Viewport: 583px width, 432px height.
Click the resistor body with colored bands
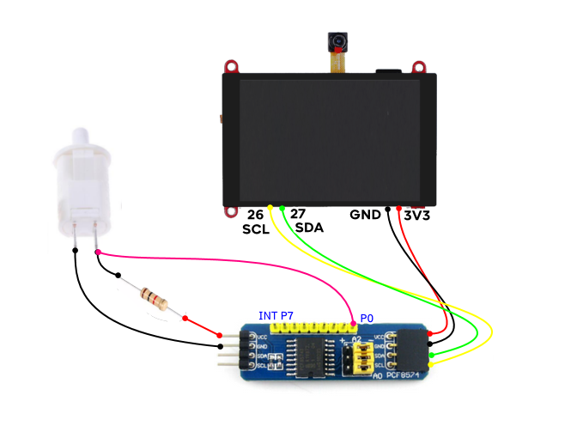click(154, 299)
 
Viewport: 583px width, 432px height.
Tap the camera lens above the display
click(337, 40)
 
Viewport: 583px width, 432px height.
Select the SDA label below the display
click(308, 228)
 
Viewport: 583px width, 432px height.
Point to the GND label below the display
click(365, 215)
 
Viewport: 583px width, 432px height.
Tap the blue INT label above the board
click(268, 317)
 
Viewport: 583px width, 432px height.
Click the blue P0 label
click(367, 318)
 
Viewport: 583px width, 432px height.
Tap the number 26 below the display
click(255, 214)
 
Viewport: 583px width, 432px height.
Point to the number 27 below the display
click(297, 214)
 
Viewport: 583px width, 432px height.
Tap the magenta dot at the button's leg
click(98, 253)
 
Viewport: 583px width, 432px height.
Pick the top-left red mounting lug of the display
click(230, 66)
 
